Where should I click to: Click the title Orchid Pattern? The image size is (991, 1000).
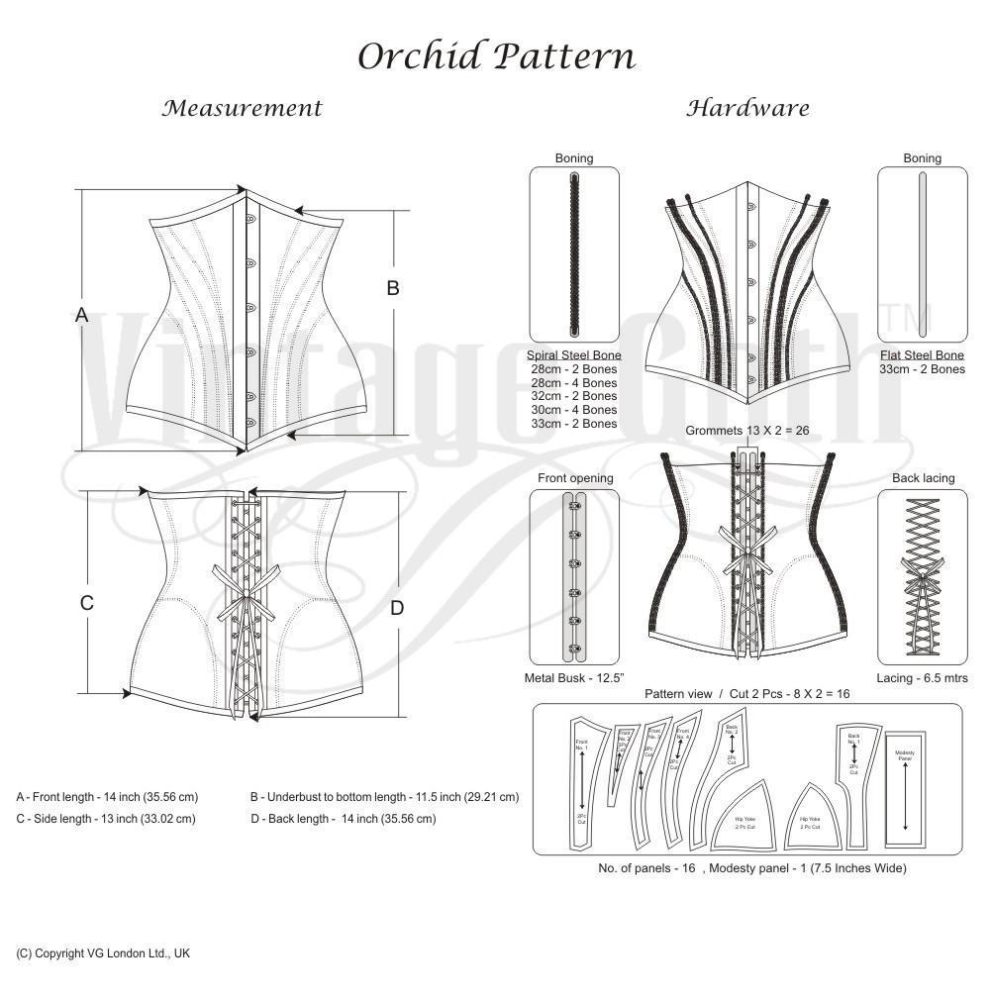[495, 56]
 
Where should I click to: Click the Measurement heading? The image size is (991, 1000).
[243, 108]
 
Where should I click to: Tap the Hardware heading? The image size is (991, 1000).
[747, 108]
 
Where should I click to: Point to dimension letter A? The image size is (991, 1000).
[82, 315]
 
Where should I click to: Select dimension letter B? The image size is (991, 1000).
[393, 288]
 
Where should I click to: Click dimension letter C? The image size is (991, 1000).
[87, 603]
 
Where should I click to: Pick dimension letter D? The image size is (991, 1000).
[397, 608]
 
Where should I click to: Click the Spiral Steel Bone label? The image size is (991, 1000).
[574, 354]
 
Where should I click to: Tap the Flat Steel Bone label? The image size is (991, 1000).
[922, 354]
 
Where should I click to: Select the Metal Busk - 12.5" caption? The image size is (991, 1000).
[574, 678]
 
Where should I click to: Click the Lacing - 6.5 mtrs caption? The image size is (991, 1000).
[922, 678]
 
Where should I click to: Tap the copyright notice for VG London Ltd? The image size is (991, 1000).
[103, 953]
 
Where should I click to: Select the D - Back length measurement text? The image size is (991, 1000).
[343, 819]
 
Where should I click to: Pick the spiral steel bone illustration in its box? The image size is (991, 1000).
[574, 255]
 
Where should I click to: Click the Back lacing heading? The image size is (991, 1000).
[923, 478]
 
